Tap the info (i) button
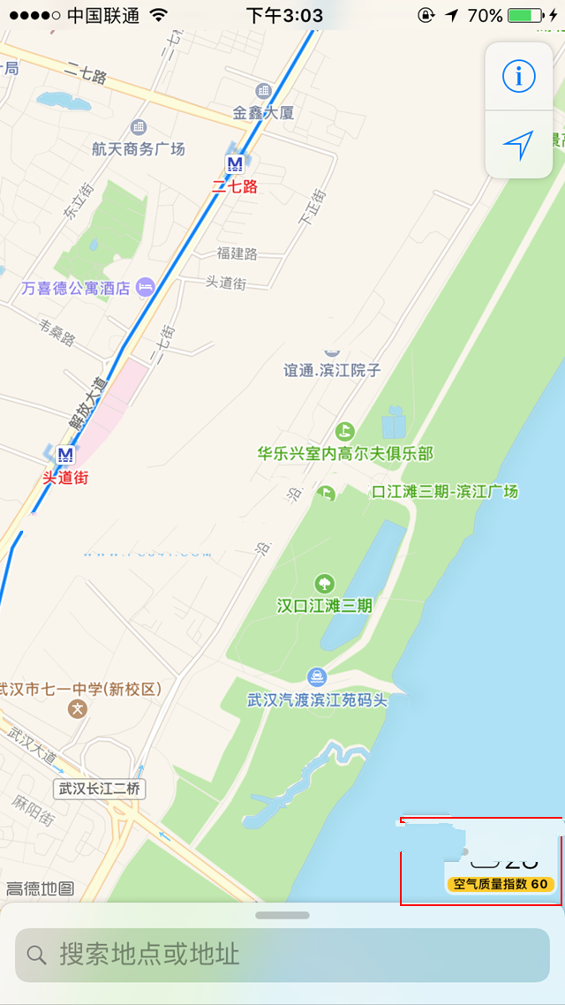coord(518,77)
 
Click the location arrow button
coord(518,145)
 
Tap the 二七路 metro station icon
coord(235,163)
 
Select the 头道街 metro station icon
coord(64,455)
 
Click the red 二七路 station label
coord(235,186)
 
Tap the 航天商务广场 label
coord(139,148)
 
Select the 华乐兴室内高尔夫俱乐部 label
coord(345,454)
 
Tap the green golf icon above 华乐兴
coord(344,431)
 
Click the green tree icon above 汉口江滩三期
coord(325,583)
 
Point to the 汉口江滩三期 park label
coord(325,606)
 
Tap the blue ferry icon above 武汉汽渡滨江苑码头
coord(316,676)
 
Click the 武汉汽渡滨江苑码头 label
coord(317,699)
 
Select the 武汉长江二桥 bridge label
coord(99,788)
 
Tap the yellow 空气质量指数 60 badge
coord(501,884)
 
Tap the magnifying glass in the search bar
coord(36,955)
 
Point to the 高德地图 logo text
coord(40,888)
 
